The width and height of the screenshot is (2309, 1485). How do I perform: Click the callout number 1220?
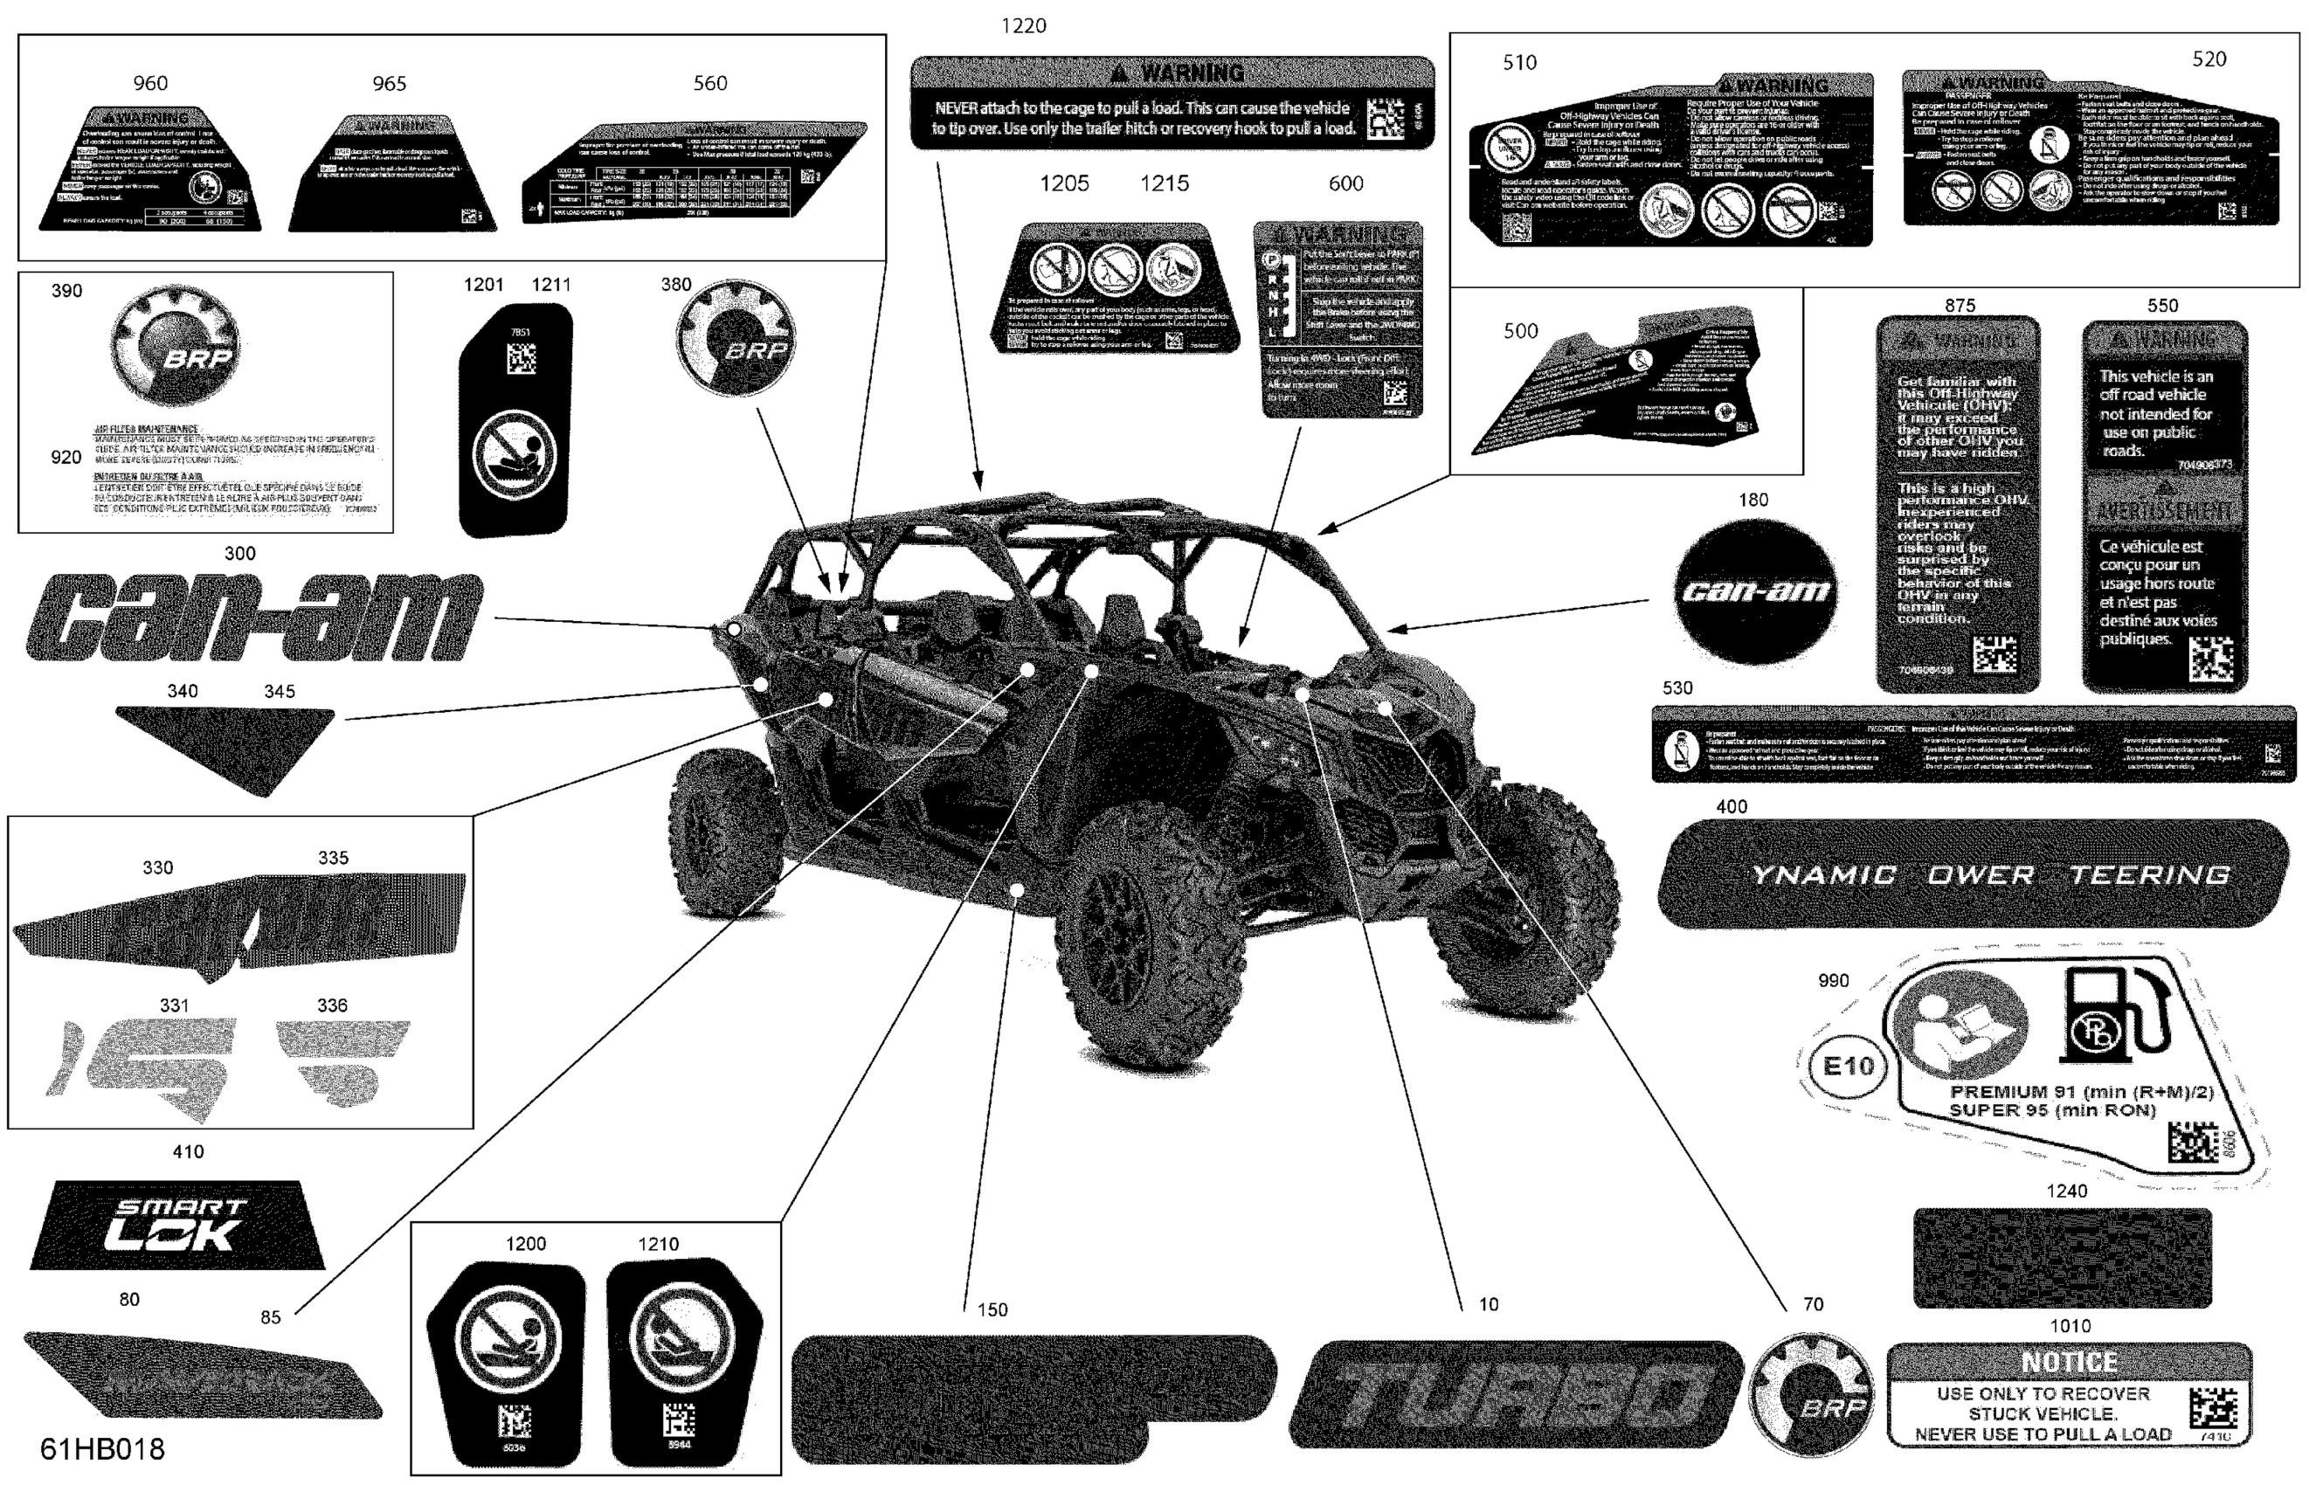(1023, 26)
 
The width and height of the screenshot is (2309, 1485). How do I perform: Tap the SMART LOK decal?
(178, 1225)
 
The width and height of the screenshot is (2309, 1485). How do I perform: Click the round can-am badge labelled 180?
(1753, 591)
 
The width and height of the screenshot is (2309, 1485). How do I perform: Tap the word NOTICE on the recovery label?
(2069, 1362)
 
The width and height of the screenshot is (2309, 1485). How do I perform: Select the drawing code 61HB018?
(102, 1448)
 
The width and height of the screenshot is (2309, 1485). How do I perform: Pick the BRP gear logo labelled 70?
(1809, 1394)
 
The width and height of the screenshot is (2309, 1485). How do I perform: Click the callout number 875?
(1959, 306)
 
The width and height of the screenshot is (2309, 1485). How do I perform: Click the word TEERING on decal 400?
(2149, 874)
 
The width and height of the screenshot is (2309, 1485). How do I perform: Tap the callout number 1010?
(2069, 1326)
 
